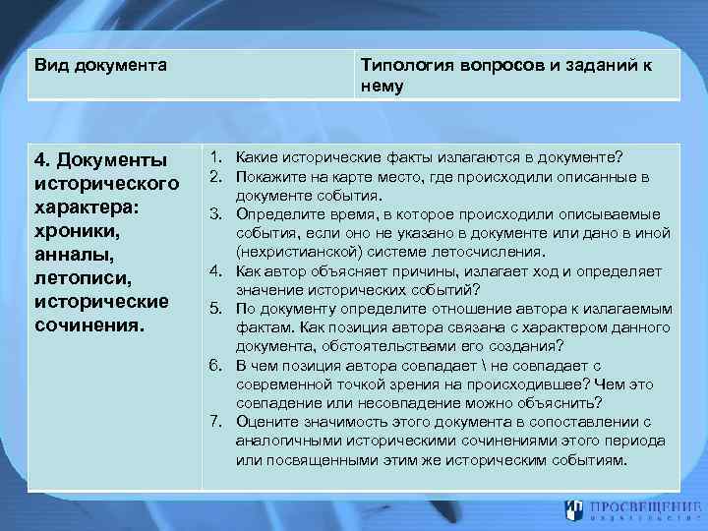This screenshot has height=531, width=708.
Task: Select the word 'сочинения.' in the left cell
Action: (88, 324)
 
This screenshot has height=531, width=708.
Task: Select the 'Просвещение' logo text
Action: (639, 509)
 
